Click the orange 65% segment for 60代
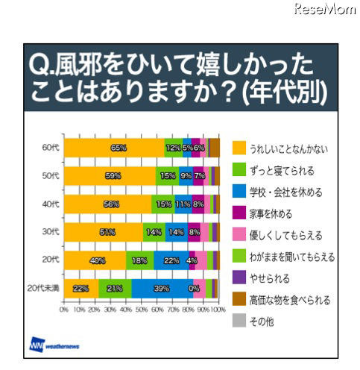pyautogui.click(x=113, y=148)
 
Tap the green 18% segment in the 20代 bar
pyautogui.click(x=139, y=260)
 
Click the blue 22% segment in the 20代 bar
pyautogui.click(x=171, y=260)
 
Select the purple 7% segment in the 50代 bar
pyautogui.click(x=199, y=176)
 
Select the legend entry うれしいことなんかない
pyautogui.click(x=287, y=147)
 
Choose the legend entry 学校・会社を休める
pyautogui.click(x=287, y=192)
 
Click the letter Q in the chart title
pyautogui.click(x=39, y=68)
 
